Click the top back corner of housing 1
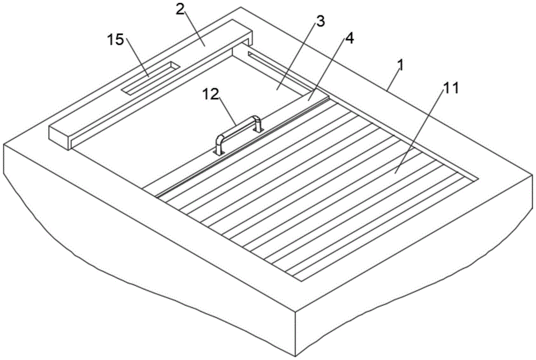pos(241,7)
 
